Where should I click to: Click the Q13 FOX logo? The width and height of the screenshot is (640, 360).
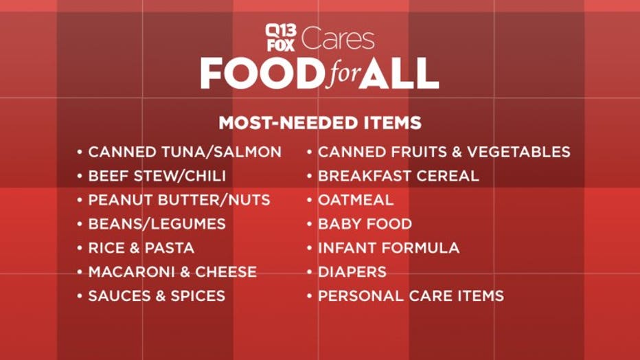tap(280, 38)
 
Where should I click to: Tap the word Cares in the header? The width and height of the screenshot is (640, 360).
tap(338, 38)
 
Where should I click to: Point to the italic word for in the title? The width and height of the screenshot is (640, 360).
tap(343, 75)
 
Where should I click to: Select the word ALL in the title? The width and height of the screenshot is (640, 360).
tap(399, 74)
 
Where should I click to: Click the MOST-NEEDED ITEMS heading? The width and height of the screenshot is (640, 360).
tap(320, 123)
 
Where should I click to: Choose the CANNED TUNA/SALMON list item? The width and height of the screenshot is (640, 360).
tap(185, 152)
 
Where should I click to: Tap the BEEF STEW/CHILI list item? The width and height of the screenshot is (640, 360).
tap(157, 176)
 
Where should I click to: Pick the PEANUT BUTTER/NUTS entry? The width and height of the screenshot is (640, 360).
tap(179, 200)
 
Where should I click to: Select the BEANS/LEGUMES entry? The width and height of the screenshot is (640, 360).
tap(157, 224)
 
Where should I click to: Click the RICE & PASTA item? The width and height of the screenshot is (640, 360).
tap(141, 248)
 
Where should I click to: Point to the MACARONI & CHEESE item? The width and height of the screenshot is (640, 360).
tap(172, 272)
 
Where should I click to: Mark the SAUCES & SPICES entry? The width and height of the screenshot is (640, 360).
tap(157, 296)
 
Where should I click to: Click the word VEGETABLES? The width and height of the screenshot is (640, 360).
tap(518, 152)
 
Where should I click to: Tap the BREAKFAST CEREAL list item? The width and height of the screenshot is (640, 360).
tap(399, 176)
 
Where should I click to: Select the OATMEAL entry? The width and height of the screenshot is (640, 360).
tap(356, 200)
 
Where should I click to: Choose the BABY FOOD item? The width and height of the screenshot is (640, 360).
tap(365, 224)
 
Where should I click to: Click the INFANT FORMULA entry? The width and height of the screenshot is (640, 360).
tap(389, 248)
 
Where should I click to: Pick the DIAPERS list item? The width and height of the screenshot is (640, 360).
tap(352, 272)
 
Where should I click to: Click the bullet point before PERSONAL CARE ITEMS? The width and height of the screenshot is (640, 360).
tap(310, 296)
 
